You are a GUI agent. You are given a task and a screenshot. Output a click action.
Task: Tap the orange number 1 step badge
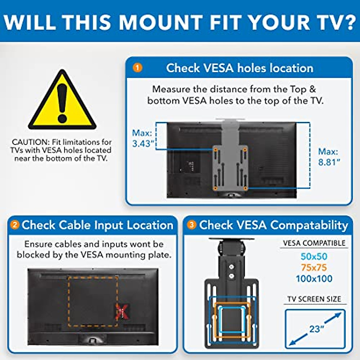[137, 68]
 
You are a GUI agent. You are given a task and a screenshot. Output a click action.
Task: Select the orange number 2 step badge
[14, 225]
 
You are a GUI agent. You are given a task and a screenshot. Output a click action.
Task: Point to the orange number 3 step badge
[192, 225]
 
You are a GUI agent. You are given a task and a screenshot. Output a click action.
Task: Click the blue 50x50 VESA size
[314, 256]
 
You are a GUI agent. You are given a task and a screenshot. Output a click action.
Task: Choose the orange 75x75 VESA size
[314, 268]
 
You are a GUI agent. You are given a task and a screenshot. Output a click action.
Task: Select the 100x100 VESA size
[314, 279]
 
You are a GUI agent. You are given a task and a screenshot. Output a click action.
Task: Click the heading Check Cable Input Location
[97, 225]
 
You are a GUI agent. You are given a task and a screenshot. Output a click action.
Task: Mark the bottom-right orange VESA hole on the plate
[245, 188]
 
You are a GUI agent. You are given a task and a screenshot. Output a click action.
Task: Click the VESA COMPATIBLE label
[314, 243]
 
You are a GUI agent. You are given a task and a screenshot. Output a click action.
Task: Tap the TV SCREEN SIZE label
[314, 299]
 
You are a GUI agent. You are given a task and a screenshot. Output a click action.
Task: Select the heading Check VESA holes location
[239, 68]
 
